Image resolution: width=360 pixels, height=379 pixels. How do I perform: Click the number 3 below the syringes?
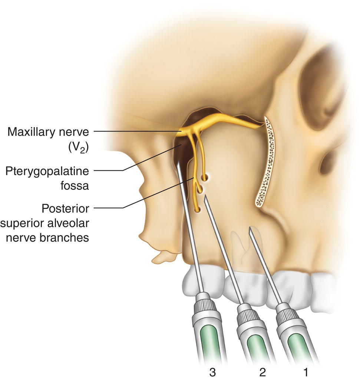pyautogui.click(x=212, y=372)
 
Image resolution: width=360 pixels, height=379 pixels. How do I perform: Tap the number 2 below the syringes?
pyautogui.click(x=262, y=372)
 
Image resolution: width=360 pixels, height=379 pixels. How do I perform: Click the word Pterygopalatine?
pyautogui.click(x=47, y=171)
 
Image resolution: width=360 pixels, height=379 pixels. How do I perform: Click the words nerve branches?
pyautogui.click(x=47, y=237)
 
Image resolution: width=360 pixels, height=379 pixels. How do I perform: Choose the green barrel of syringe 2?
pyautogui.click(x=257, y=345)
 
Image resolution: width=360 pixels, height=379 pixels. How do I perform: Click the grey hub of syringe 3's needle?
pyautogui.click(x=203, y=303)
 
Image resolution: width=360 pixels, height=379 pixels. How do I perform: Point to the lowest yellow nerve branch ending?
pyautogui.click(x=197, y=210)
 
